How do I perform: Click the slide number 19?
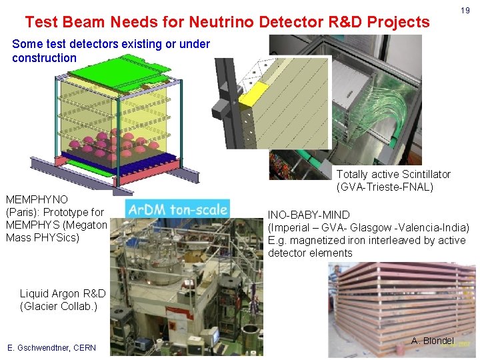(465, 11)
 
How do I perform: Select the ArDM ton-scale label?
(177, 209)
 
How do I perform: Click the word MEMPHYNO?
(37, 199)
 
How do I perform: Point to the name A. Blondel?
(432, 341)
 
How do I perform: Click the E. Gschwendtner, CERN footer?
(51, 347)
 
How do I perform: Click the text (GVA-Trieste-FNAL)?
(385, 187)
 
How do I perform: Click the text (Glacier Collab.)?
(59, 306)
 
